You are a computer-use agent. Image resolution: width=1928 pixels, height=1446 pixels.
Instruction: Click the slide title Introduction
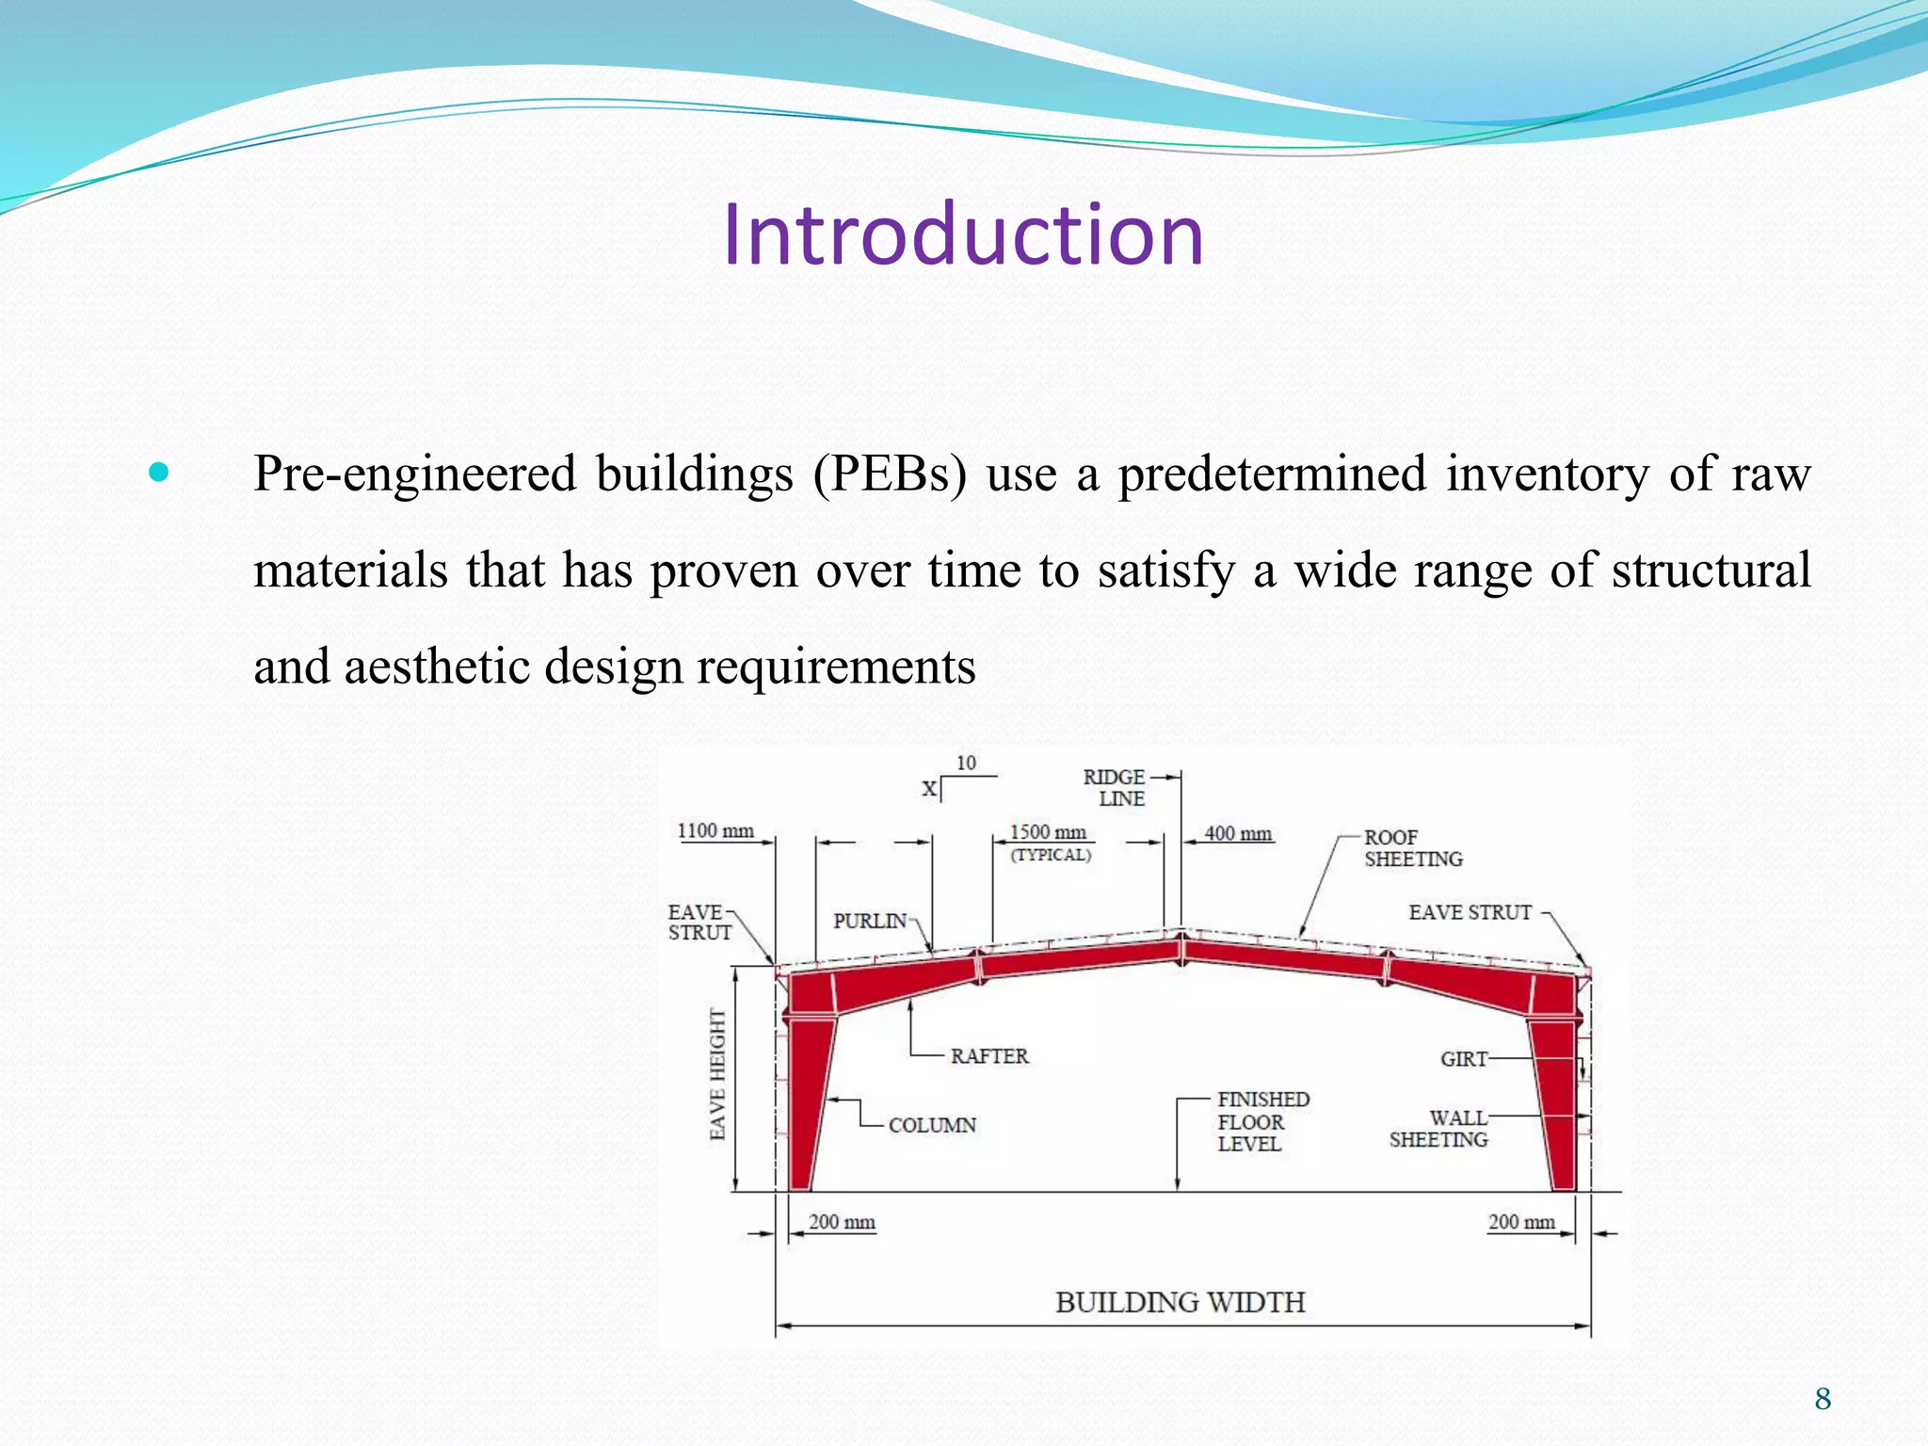pos(962,234)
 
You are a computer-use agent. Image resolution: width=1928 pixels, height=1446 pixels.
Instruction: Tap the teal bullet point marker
pos(159,472)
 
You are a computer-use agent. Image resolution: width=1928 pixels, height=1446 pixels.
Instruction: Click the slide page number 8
pos(1823,1399)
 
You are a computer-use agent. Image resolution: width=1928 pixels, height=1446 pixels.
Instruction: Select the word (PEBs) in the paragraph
pos(890,474)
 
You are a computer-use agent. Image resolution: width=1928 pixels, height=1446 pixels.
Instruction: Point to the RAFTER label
pos(988,1056)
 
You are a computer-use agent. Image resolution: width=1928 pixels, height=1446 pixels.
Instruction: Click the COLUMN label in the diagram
pos(932,1125)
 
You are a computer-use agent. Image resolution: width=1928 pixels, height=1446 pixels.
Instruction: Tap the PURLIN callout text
pos(870,921)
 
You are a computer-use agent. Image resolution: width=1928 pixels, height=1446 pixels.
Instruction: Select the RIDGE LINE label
pos(1117,788)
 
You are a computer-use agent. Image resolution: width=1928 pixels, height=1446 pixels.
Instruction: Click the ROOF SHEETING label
pos(1412,848)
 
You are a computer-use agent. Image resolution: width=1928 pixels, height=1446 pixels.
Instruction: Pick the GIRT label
pos(1463,1059)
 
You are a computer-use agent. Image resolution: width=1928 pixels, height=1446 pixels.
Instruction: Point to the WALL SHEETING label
pos(1440,1129)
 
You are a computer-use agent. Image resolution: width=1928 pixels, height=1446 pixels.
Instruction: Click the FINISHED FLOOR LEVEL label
pos(1261,1121)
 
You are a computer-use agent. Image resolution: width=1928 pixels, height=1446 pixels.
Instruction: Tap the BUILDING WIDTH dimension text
pos(1180,1302)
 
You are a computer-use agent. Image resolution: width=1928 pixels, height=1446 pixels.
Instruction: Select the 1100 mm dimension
pos(715,830)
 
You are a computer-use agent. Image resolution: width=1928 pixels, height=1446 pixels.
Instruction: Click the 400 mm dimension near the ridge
pos(1238,833)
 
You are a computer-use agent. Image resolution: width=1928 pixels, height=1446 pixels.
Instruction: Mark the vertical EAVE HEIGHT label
pos(718,1074)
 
